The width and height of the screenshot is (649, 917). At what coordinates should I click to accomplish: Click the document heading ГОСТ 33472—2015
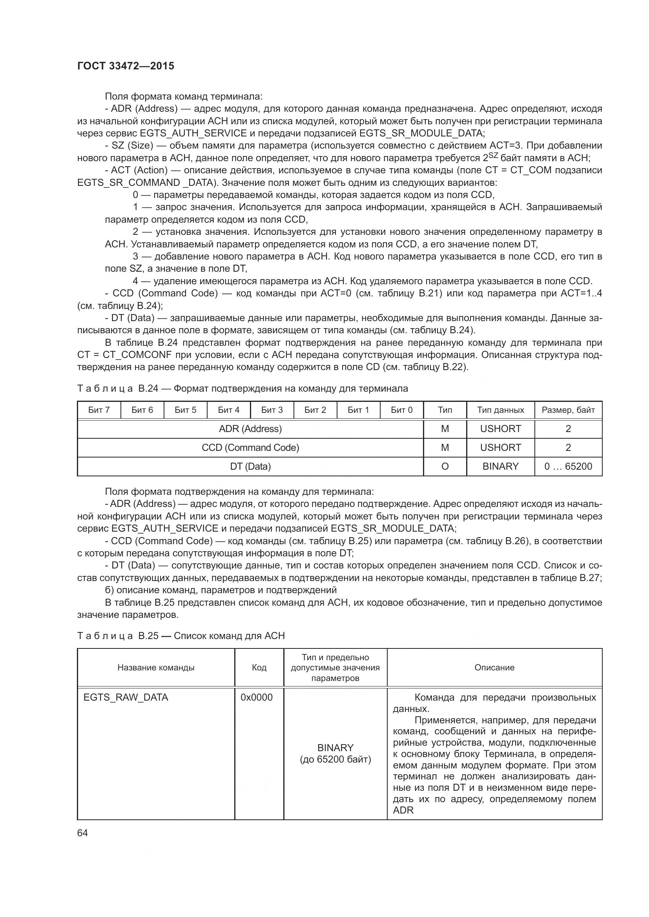coord(126,66)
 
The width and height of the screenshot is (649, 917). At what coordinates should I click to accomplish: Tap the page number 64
coord(82,833)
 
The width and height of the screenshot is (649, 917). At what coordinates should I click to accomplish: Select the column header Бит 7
coord(99,410)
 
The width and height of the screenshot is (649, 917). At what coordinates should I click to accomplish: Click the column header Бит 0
coord(401,410)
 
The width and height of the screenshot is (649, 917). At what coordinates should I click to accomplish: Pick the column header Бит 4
coord(229,410)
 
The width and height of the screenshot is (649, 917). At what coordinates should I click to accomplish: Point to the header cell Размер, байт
coord(568,410)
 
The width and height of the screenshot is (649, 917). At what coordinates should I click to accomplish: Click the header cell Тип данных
coord(500,410)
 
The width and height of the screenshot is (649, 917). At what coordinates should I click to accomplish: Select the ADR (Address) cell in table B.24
coord(250,429)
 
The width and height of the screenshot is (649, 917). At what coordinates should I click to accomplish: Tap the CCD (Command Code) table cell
coord(250,448)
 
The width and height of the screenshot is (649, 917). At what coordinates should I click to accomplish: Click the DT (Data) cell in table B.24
coord(250,467)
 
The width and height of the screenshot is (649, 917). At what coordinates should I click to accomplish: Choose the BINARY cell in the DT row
coord(500,467)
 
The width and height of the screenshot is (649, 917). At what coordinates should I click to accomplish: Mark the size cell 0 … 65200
coord(568,467)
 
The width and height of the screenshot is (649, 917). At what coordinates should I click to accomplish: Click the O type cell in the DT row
coord(445,467)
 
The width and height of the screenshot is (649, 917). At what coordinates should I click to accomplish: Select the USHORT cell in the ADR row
coord(500,429)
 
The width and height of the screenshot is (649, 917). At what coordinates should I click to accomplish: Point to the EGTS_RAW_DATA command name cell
coord(126,698)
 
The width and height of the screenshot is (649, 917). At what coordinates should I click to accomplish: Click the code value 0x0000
coord(256,698)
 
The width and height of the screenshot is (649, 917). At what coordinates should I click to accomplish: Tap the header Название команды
coord(156,668)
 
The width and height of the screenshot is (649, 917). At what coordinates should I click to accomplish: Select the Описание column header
coord(494,668)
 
